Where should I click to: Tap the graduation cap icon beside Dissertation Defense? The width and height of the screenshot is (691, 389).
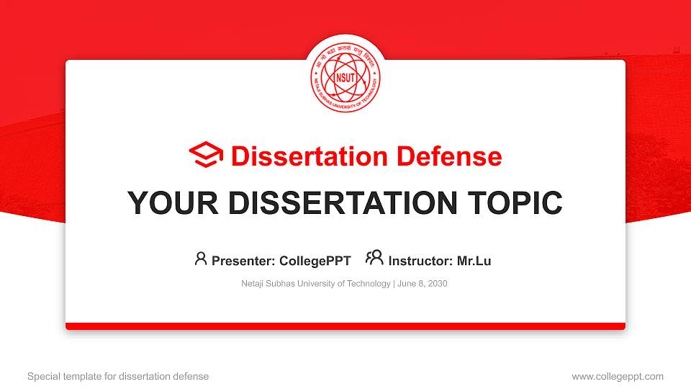(x=206, y=156)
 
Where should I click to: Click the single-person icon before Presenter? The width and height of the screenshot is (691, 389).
(x=201, y=258)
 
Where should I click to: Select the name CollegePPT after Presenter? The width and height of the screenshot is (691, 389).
(x=315, y=261)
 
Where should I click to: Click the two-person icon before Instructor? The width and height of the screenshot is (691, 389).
(x=374, y=258)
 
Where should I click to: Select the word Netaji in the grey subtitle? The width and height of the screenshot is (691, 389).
(x=253, y=284)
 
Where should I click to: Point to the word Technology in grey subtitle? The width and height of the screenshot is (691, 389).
(x=368, y=284)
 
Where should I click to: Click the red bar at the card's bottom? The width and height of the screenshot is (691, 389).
(x=345, y=326)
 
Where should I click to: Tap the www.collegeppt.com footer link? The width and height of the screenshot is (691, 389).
(x=618, y=376)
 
